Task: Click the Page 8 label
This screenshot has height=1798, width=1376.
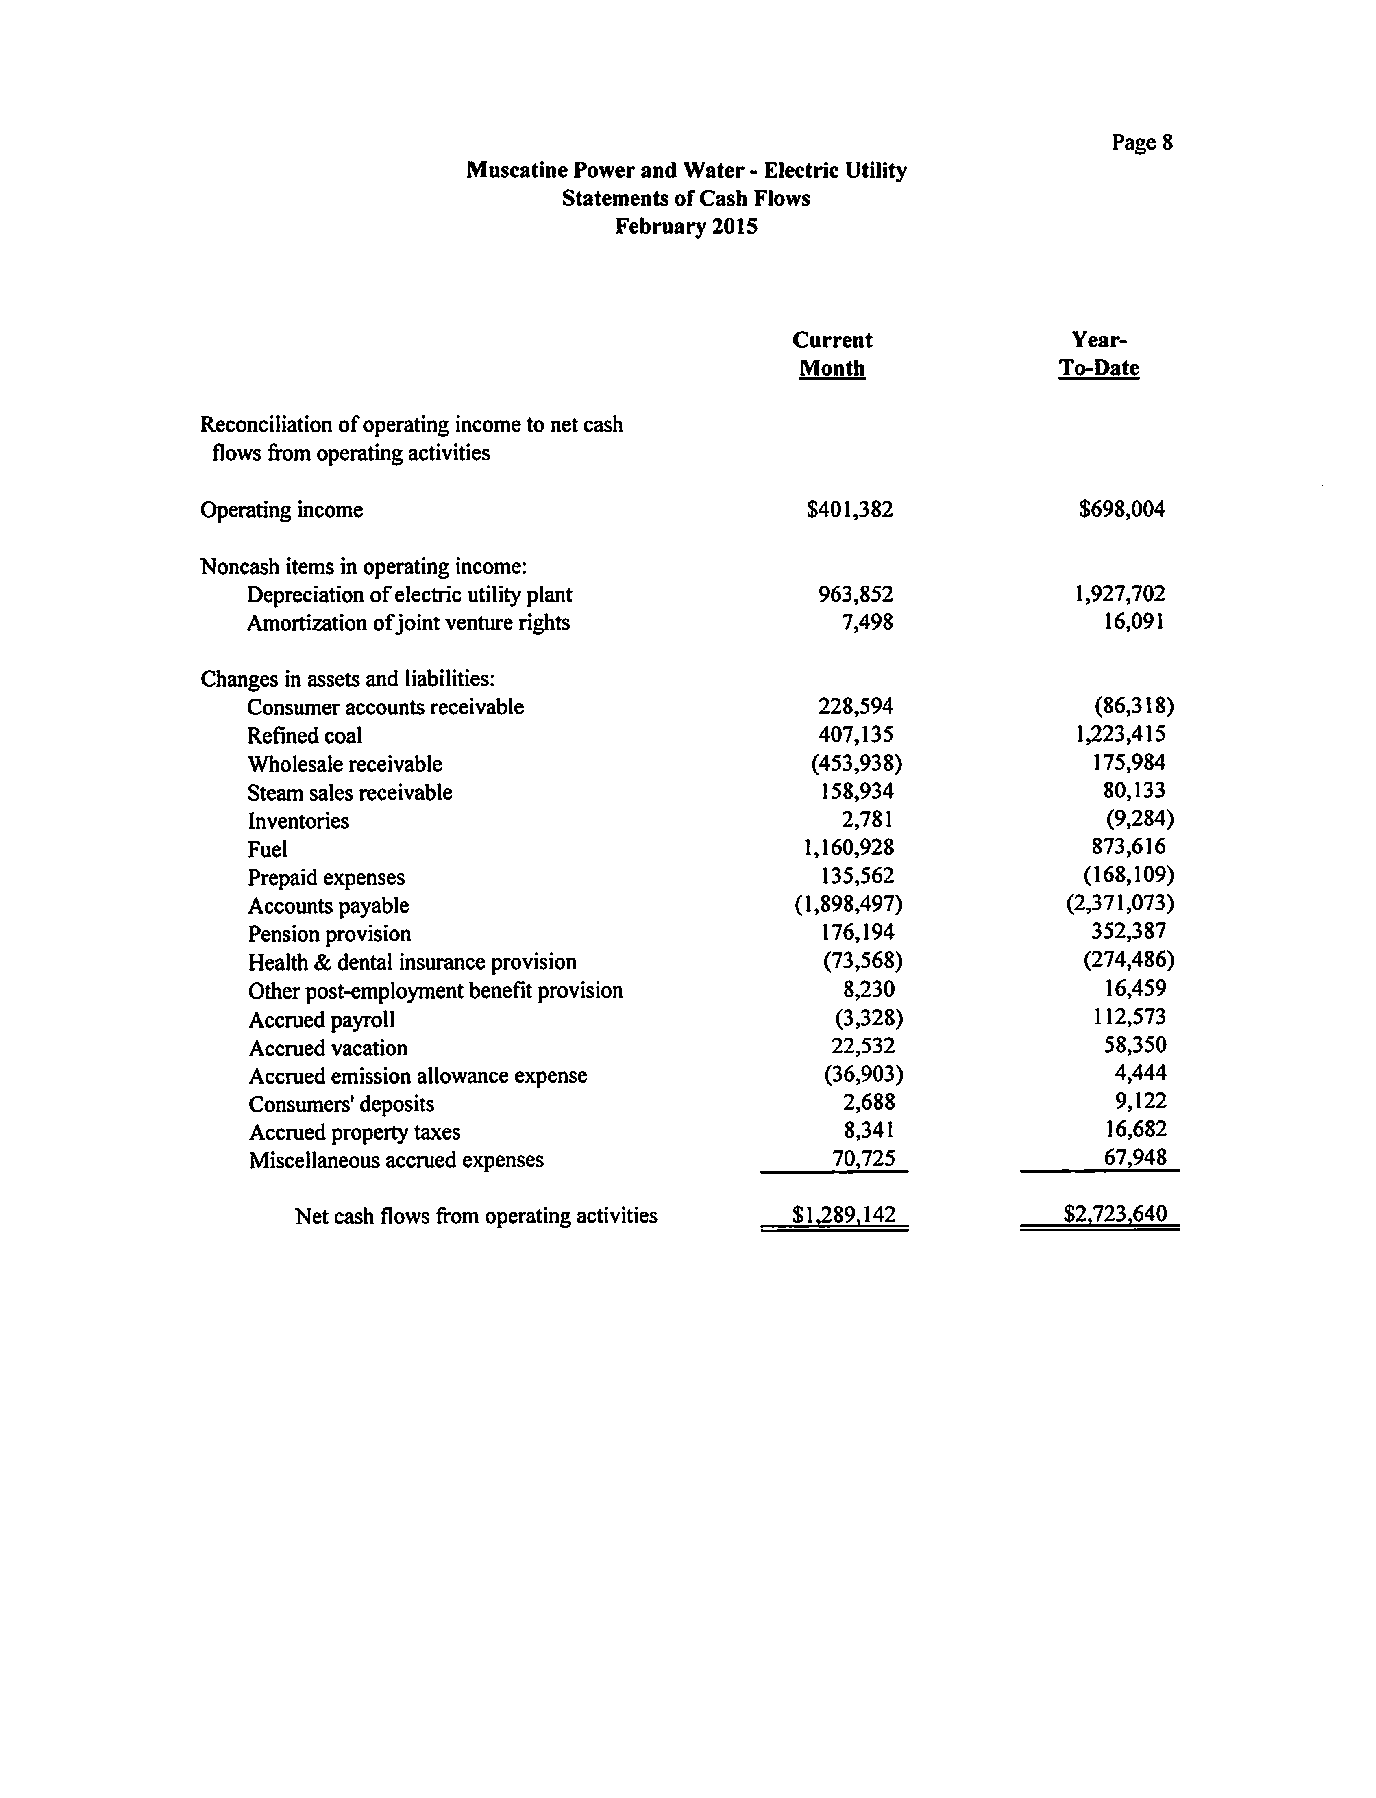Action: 1142,143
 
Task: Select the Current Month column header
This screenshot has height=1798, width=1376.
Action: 832,354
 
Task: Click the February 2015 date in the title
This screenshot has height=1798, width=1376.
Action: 686,226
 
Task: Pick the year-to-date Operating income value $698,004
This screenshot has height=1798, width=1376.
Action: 1121,509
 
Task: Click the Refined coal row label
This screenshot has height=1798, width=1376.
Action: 305,735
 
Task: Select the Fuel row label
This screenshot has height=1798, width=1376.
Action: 268,849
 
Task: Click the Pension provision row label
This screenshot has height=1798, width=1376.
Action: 329,934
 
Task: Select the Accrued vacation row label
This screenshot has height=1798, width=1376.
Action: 328,1048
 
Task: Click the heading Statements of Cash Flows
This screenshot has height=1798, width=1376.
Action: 686,198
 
